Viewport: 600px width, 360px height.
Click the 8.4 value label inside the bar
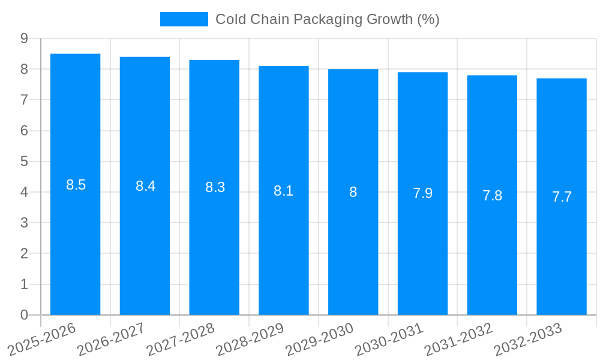(x=145, y=186)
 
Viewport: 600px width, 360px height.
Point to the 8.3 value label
(x=215, y=187)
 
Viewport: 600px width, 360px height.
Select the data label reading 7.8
(x=492, y=196)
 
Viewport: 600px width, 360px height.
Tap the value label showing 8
(x=353, y=192)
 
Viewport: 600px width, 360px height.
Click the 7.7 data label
(x=562, y=197)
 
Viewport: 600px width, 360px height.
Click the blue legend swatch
(x=184, y=19)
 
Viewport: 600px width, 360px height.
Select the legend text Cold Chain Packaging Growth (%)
(x=327, y=19)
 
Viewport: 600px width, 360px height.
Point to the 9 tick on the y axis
(x=24, y=38)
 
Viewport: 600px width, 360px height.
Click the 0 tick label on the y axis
(x=24, y=315)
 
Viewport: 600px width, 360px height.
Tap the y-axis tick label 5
(x=24, y=161)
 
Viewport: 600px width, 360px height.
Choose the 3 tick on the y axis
(x=24, y=223)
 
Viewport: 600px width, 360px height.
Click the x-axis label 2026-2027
(x=111, y=339)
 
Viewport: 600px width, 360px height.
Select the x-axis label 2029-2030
(x=320, y=339)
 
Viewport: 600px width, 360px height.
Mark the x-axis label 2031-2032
(x=459, y=339)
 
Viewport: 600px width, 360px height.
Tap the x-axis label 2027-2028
(x=181, y=339)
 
